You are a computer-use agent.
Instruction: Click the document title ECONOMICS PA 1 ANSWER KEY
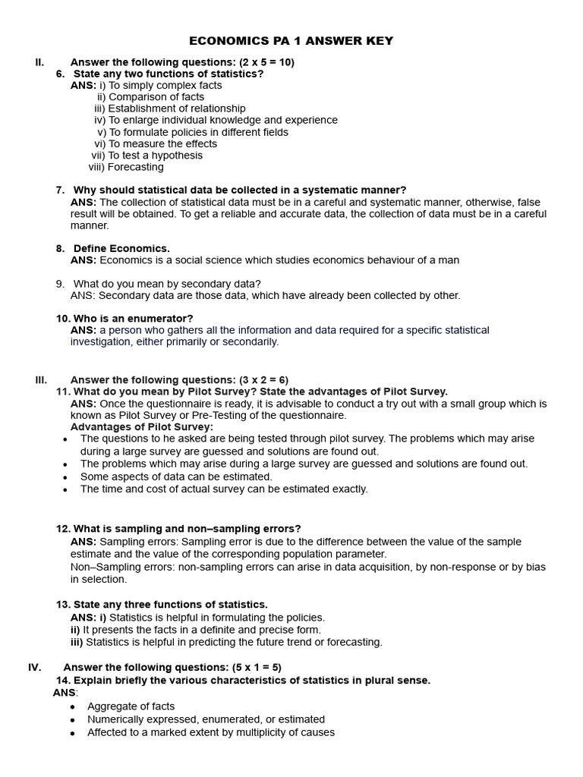291,41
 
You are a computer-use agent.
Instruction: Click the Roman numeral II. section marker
40,62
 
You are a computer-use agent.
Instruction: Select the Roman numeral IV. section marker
35,667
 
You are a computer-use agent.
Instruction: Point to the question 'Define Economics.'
121,248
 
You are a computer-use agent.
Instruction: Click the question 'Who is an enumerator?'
133,318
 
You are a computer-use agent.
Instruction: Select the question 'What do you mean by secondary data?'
167,283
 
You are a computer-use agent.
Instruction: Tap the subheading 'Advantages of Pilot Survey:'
142,427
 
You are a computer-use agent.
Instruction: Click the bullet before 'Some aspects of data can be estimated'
65,477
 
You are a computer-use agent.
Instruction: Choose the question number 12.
63,528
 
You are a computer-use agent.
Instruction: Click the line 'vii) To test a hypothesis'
147,156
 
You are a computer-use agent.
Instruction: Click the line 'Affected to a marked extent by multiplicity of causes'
211,732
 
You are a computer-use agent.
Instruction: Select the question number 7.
60,190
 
